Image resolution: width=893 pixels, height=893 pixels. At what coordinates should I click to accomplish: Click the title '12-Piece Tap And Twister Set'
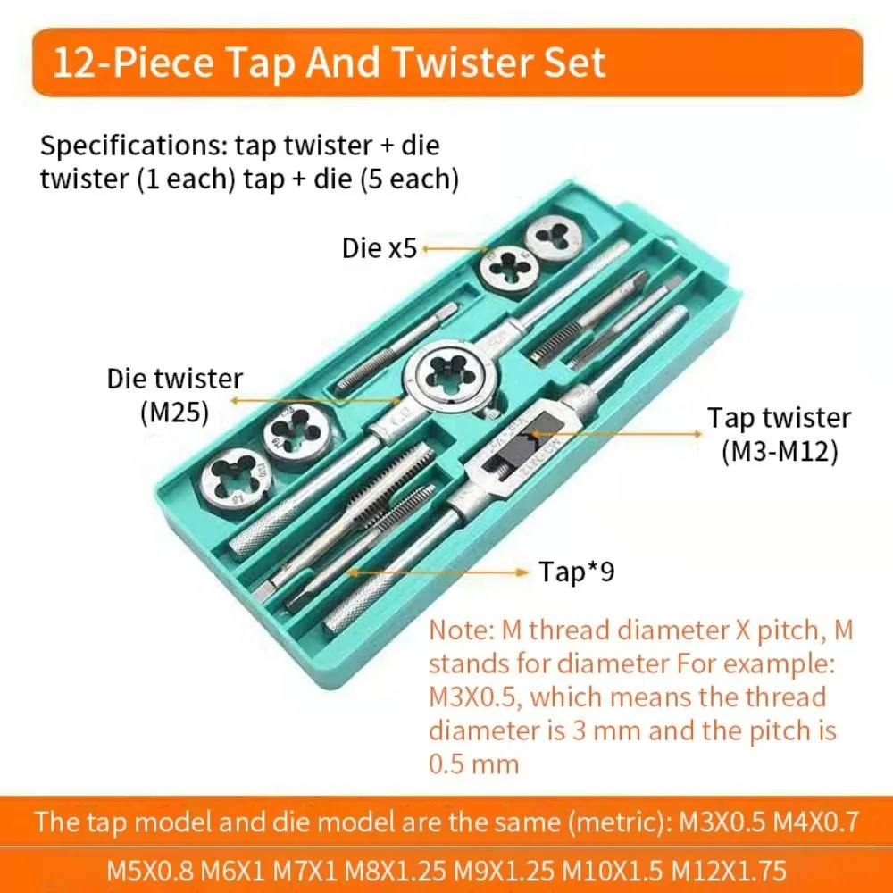point(329,63)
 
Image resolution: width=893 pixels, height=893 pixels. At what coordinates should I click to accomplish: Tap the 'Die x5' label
point(380,247)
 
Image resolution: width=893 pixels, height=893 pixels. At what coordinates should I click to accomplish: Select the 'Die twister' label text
point(174,379)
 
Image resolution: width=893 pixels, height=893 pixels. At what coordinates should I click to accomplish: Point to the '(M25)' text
point(174,412)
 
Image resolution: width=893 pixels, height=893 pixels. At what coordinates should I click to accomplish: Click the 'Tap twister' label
point(779,418)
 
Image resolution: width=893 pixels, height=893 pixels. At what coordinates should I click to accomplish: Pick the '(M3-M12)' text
point(779,452)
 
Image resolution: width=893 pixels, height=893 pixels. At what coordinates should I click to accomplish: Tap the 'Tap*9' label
point(576,572)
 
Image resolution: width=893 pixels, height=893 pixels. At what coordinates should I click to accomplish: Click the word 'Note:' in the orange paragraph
point(457,630)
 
